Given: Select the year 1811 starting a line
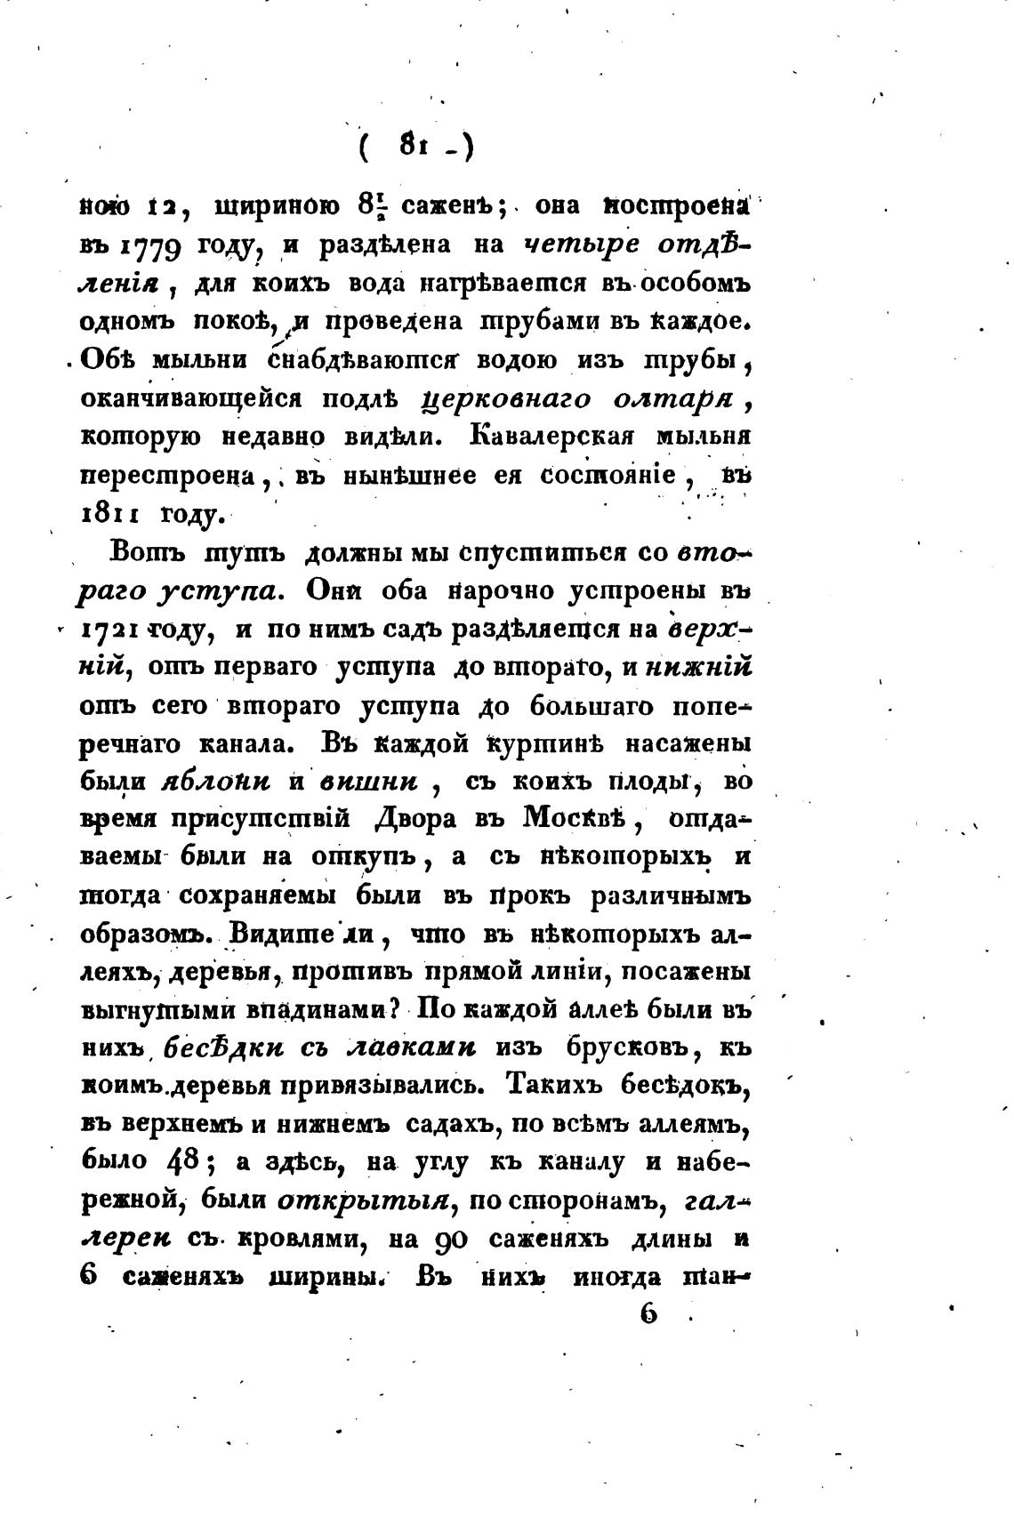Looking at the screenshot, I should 108,514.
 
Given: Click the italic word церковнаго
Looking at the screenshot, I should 507,400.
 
